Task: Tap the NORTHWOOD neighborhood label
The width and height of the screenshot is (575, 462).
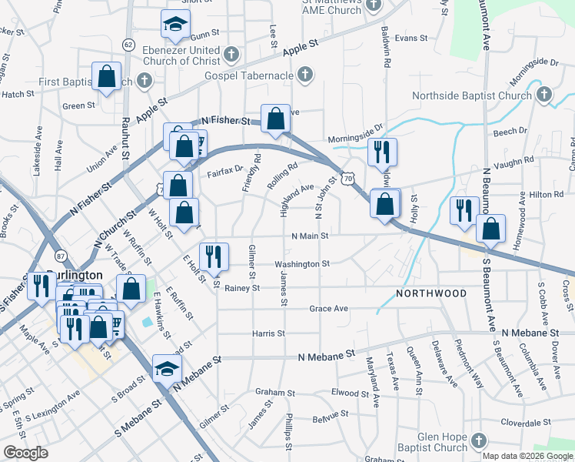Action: tap(431, 294)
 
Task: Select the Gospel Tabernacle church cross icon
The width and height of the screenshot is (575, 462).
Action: tap(305, 75)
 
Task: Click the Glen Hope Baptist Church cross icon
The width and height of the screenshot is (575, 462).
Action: tap(478, 441)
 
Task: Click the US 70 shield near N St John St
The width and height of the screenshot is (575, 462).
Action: tap(349, 178)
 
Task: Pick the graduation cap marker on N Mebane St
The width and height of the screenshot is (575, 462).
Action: tap(167, 368)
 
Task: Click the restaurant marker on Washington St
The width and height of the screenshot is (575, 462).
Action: tap(214, 256)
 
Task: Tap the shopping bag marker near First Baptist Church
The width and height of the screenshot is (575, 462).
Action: tap(106, 76)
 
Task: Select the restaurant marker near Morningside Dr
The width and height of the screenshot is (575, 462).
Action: tap(381, 152)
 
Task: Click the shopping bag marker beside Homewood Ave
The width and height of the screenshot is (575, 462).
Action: tap(490, 228)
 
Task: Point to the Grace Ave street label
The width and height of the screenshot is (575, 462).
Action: tap(329, 309)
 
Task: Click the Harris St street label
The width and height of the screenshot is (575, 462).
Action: tap(269, 334)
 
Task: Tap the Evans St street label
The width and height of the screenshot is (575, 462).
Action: tap(410, 38)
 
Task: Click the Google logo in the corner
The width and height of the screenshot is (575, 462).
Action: tap(25, 453)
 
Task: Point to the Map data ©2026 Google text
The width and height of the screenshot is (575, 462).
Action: tap(527, 456)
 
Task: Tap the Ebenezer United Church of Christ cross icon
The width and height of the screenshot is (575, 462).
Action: tap(231, 55)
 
